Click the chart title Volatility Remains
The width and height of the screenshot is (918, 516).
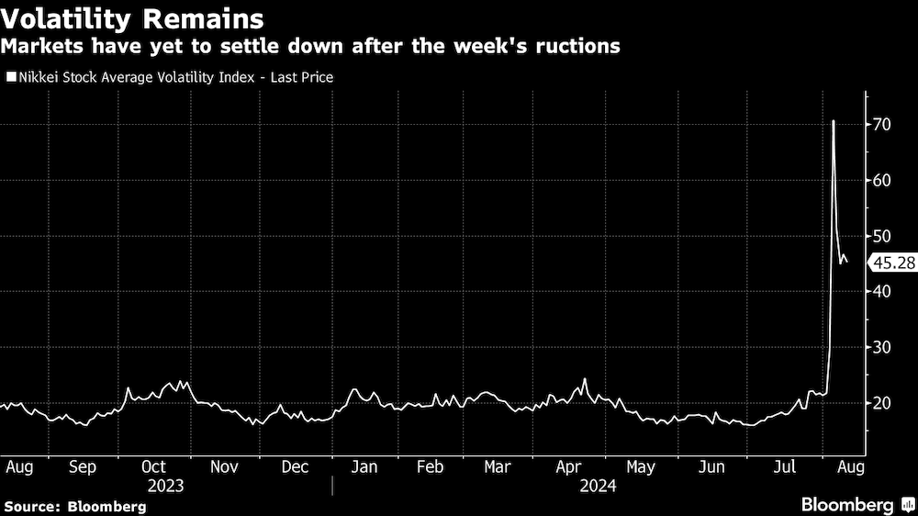132,17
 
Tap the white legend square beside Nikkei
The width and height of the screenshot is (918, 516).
10,78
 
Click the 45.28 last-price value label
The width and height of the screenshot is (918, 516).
891,264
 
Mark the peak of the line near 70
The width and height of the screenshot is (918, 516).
833,121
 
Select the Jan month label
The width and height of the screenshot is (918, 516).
364,466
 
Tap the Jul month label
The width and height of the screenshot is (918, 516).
785,466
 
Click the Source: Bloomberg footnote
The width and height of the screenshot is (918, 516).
75,506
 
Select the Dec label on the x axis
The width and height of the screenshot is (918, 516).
296,466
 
